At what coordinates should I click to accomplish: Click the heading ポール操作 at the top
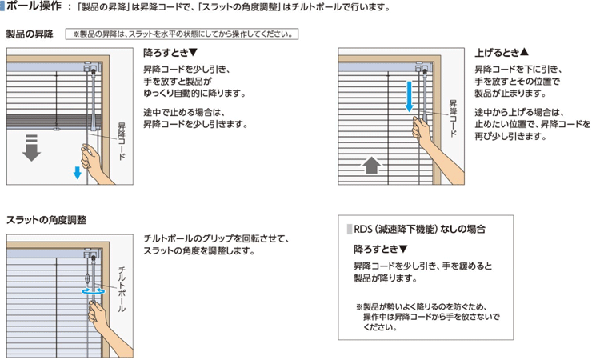[x=34, y=6]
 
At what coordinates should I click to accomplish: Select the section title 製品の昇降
[x=30, y=34]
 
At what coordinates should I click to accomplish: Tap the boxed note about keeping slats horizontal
[x=182, y=34]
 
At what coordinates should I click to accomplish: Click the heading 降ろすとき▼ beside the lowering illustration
[x=170, y=53]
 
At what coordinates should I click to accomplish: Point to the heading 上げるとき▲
[x=502, y=53]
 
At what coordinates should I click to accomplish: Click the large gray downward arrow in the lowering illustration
[x=31, y=148]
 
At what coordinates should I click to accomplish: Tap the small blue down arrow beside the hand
[x=78, y=173]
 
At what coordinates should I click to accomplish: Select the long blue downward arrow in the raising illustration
[x=409, y=97]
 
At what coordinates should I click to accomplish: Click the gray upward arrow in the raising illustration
[x=371, y=166]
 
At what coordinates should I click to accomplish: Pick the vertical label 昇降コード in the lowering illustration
[x=122, y=141]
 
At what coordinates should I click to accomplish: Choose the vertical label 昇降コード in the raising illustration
[x=453, y=118]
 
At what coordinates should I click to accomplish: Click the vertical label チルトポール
[x=122, y=290]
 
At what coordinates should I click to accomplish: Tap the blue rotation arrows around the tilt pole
[x=94, y=291]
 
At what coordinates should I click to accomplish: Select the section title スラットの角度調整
[x=46, y=220]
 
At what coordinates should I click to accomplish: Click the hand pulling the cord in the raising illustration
[x=434, y=147]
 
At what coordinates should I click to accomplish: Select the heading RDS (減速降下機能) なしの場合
[x=419, y=229]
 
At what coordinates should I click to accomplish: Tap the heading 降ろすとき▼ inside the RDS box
[x=381, y=249]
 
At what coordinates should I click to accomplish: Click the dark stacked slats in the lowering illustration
[x=54, y=121]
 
